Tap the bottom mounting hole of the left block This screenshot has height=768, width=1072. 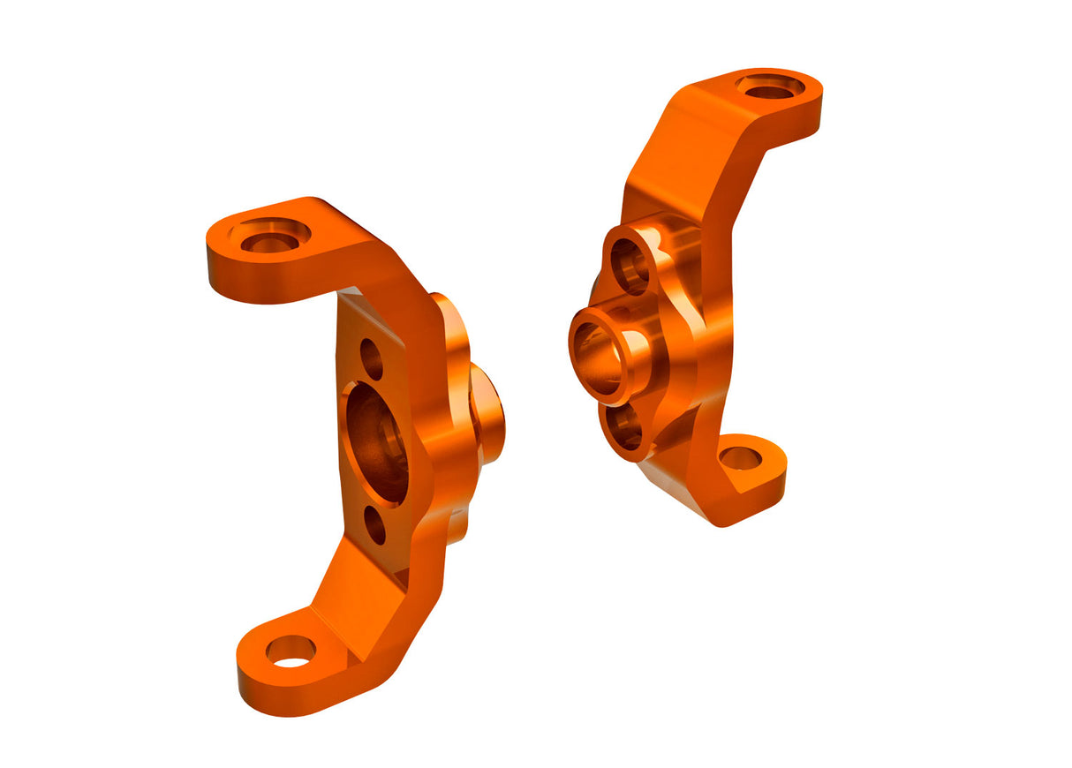click(x=291, y=651)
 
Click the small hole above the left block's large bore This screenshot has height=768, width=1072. click(x=372, y=358)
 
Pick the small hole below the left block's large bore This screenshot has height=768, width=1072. click(x=375, y=526)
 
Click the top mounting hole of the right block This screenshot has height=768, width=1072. click(x=770, y=87)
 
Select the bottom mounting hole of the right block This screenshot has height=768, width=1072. click(x=740, y=458)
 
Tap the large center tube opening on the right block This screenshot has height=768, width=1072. click(x=600, y=358)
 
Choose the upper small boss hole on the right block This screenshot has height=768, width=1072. click(x=630, y=265)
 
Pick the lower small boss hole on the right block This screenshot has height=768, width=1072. click(x=626, y=428)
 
